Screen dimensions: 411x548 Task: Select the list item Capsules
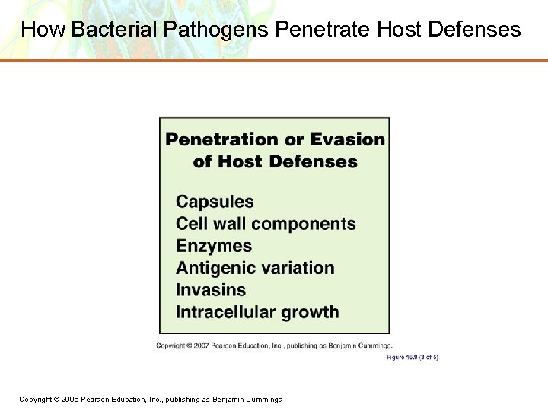tap(215, 202)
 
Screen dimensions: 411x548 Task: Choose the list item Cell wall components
tap(266, 224)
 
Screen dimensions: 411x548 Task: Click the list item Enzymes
tap(214, 246)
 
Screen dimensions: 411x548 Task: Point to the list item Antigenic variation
tap(255, 268)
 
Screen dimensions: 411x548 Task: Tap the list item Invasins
tap(211, 290)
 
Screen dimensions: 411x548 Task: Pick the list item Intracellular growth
tap(257, 312)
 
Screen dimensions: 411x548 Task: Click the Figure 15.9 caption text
tap(412, 357)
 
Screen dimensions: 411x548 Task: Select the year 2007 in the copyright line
tap(202, 346)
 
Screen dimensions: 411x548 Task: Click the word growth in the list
tap(308, 312)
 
